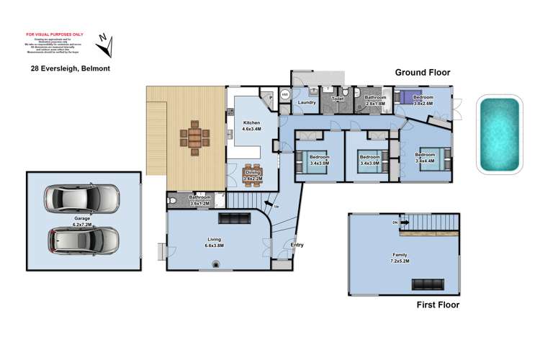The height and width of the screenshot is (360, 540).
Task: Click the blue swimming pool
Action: pyautogui.click(x=499, y=135)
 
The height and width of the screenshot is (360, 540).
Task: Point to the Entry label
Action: pyautogui.click(x=297, y=245)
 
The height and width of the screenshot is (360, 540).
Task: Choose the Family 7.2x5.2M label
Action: pyautogui.click(x=400, y=257)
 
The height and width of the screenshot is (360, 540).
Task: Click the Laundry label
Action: pyautogui.click(x=307, y=103)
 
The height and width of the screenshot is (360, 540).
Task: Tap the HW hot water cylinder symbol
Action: pyautogui.click(x=285, y=94)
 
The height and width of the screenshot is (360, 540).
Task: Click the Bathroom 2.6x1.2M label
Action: pyautogui.click(x=199, y=199)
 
